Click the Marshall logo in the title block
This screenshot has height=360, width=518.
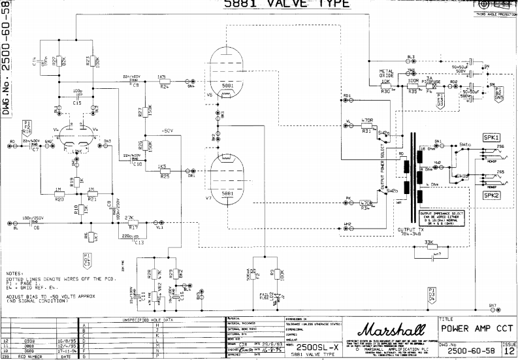tap(389, 329)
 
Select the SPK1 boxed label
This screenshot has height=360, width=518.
tap(491, 137)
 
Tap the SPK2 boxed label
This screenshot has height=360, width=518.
tap(491, 195)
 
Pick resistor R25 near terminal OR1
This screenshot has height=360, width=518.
tap(164, 171)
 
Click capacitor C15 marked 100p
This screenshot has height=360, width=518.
tap(78, 96)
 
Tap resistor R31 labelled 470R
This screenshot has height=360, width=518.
tap(366, 125)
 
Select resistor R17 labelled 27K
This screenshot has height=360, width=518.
tap(129, 221)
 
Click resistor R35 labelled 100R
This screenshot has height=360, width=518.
tap(413, 84)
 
